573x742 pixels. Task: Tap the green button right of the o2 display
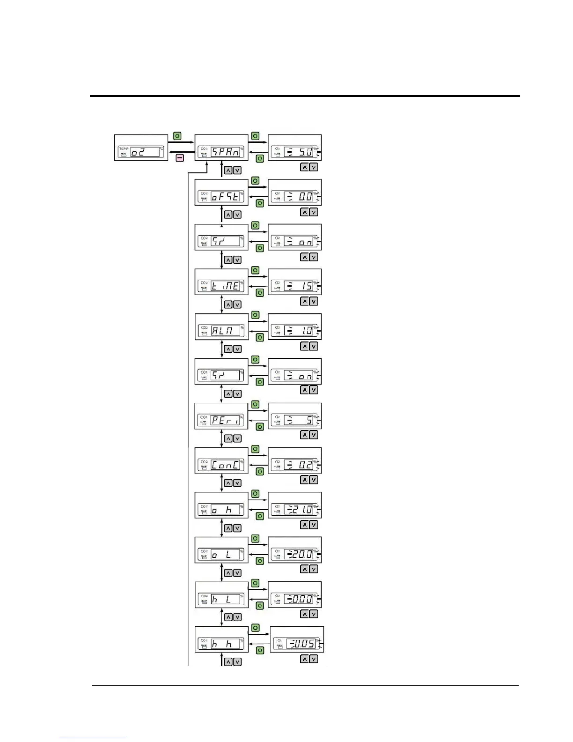(x=177, y=136)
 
